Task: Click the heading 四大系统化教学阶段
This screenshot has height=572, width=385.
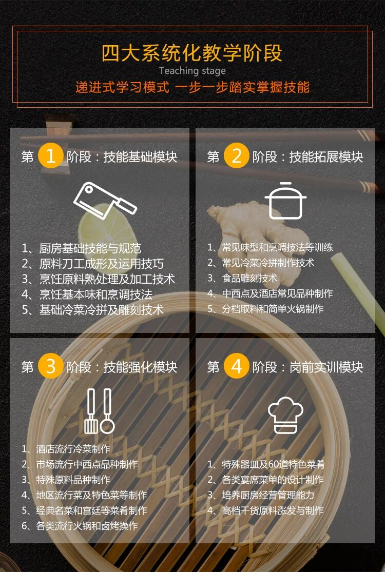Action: [x=192, y=53]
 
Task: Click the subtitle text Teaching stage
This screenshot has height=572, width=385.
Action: [x=192, y=71]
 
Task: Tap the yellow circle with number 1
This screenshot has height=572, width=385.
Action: [x=50, y=156]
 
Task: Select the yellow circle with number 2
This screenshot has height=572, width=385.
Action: [x=236, y=156]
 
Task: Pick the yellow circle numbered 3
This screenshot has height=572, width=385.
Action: [x=50, y=367]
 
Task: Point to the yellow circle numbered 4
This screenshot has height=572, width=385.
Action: [x=236, y=367]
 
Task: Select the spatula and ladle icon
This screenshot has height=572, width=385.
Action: [x=99, y=410]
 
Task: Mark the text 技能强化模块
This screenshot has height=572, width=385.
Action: [x=140, y=367]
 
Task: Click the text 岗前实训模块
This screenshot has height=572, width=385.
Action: [x=326, y=367]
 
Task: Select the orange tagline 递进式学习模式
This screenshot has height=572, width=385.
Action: [x=122, y=87]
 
